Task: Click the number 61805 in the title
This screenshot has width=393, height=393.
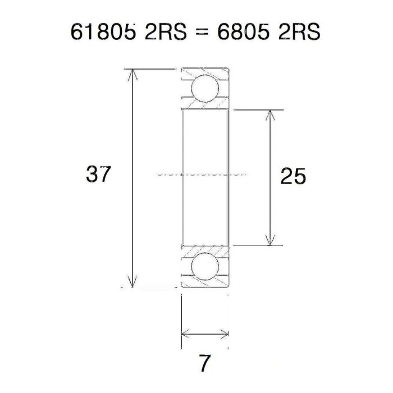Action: pos(103,33)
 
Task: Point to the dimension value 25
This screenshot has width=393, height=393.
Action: pos(293,177)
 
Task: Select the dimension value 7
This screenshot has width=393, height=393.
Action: pos(205,363)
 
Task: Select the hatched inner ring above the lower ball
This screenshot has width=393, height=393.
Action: pos(204,250)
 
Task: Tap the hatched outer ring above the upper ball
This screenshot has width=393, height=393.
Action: pos(204,72)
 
